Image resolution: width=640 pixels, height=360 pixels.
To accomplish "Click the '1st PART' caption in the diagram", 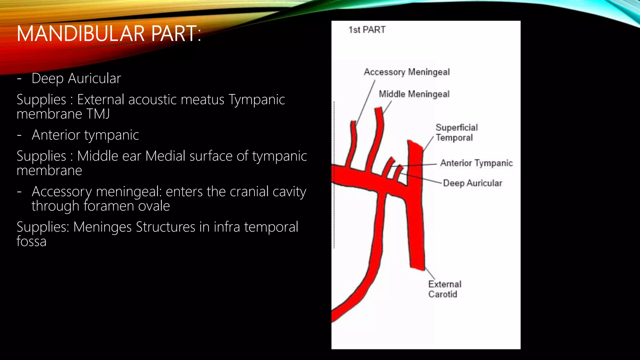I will (x=367, y=30).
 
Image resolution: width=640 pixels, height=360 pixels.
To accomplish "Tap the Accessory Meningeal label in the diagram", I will (x=407, y=72).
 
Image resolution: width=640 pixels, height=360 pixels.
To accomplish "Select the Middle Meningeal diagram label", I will (x=414, y=94).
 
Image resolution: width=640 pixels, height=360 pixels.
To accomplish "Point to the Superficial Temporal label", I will (x=456, y=132).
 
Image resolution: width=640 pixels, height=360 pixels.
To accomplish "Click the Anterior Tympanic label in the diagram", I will (x=476, y=163).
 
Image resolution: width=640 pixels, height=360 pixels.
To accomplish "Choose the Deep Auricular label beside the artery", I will (x=472, y=183).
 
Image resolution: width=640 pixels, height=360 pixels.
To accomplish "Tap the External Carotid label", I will (x=444, y=289).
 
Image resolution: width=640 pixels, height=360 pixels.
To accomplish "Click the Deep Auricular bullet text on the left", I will (x=76, y=78).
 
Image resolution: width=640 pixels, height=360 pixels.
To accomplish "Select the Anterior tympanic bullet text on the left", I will (x=85, y=135).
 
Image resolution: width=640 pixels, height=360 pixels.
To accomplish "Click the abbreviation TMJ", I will (x=98, y=114).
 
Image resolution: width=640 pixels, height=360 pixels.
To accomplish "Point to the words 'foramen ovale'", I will (x=127, y=206).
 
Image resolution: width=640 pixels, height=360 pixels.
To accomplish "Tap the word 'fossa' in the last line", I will (x=31, y=241).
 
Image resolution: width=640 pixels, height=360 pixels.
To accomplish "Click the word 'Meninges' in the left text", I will (x=102, y=227).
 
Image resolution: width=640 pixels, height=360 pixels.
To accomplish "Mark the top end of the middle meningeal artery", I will (x=378, y=109).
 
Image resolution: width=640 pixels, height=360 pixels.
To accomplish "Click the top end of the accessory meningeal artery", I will (x=353, y=122).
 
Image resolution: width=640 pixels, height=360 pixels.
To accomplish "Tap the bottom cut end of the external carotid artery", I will (x=417, y=268).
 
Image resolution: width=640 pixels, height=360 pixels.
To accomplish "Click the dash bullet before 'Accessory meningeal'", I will (x=19, y=192).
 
